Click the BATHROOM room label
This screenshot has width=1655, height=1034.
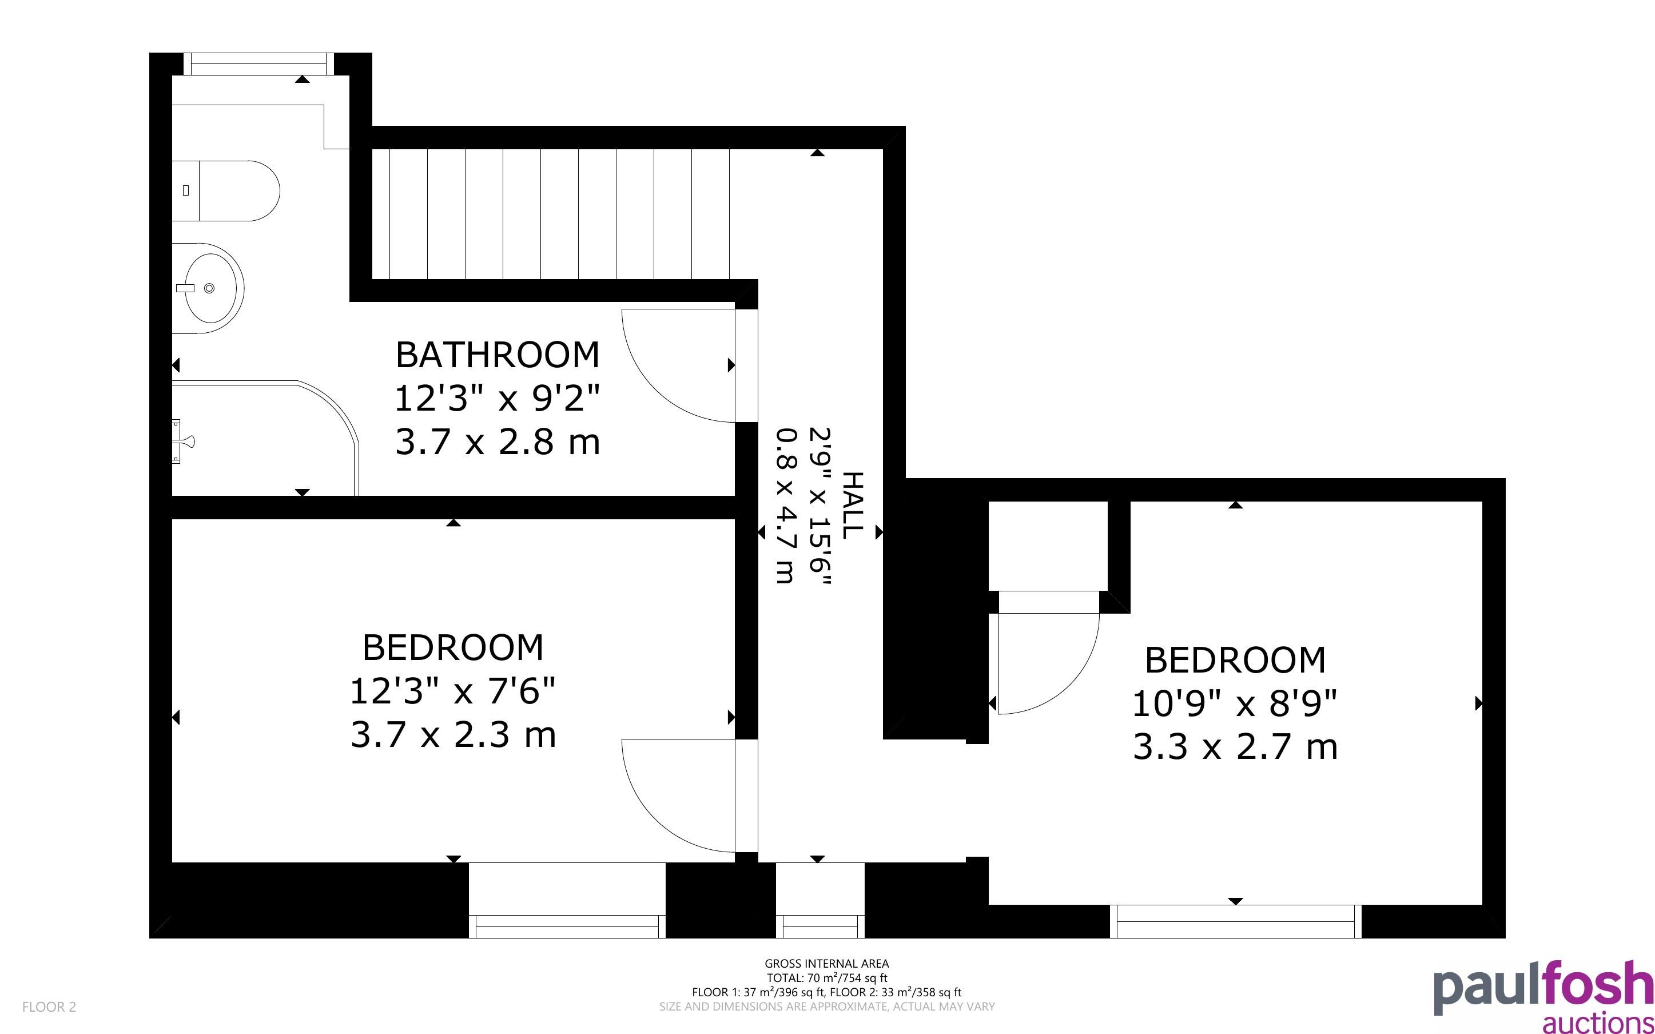(x=497, y=354)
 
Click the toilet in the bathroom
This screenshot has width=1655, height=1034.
(x=225, y=191)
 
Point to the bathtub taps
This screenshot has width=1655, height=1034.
(x=182, y=441)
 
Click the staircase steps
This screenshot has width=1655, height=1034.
(x=550, y=214)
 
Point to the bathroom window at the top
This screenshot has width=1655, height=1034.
(x=259, y=63)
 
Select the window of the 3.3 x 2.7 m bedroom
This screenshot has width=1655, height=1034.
(x=1235, y=921)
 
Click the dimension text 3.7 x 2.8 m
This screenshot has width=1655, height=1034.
(x=497, y=442)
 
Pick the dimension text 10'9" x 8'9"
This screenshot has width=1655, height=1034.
(x=1235, y=702)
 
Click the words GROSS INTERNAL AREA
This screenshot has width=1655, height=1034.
(x=826, y=964)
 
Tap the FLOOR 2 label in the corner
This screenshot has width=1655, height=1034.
(x=49, y=1007)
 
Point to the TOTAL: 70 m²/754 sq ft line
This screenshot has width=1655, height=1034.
(x=826, y=978)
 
